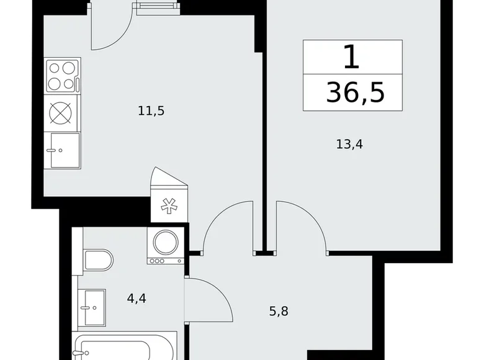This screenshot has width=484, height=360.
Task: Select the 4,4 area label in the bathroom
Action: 136,299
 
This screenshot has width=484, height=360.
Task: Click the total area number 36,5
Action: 355,93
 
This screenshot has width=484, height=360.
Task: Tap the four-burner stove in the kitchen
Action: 63,75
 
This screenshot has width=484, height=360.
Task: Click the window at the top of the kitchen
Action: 154,7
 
